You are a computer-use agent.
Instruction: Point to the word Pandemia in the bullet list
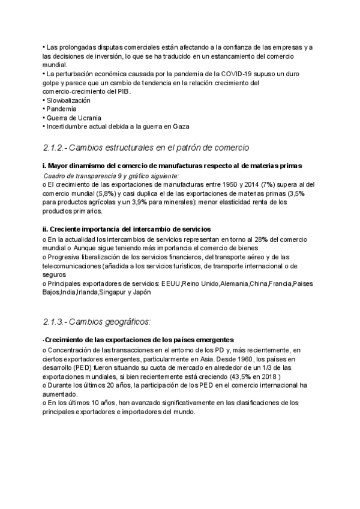(61, 109)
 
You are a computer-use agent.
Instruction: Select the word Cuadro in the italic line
(56, 176)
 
